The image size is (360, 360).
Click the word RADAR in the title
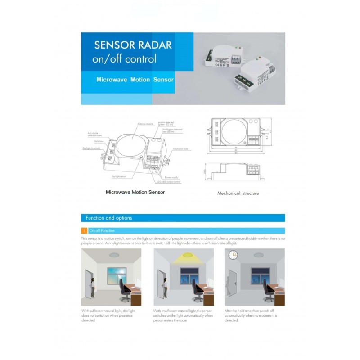click(153, 45)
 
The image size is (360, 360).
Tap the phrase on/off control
click(124, 59)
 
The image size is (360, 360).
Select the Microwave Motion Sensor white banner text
click(135, 79)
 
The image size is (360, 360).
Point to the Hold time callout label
click(99, 141)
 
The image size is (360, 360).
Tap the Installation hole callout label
click(180, 148)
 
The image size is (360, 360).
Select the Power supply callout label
click(171, 177)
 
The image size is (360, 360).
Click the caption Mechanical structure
click(238, 193)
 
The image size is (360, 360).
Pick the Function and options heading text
click(109, 218)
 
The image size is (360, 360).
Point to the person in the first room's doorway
click(93, 287)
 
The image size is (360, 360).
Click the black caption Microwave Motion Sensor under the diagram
click(135, 192)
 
